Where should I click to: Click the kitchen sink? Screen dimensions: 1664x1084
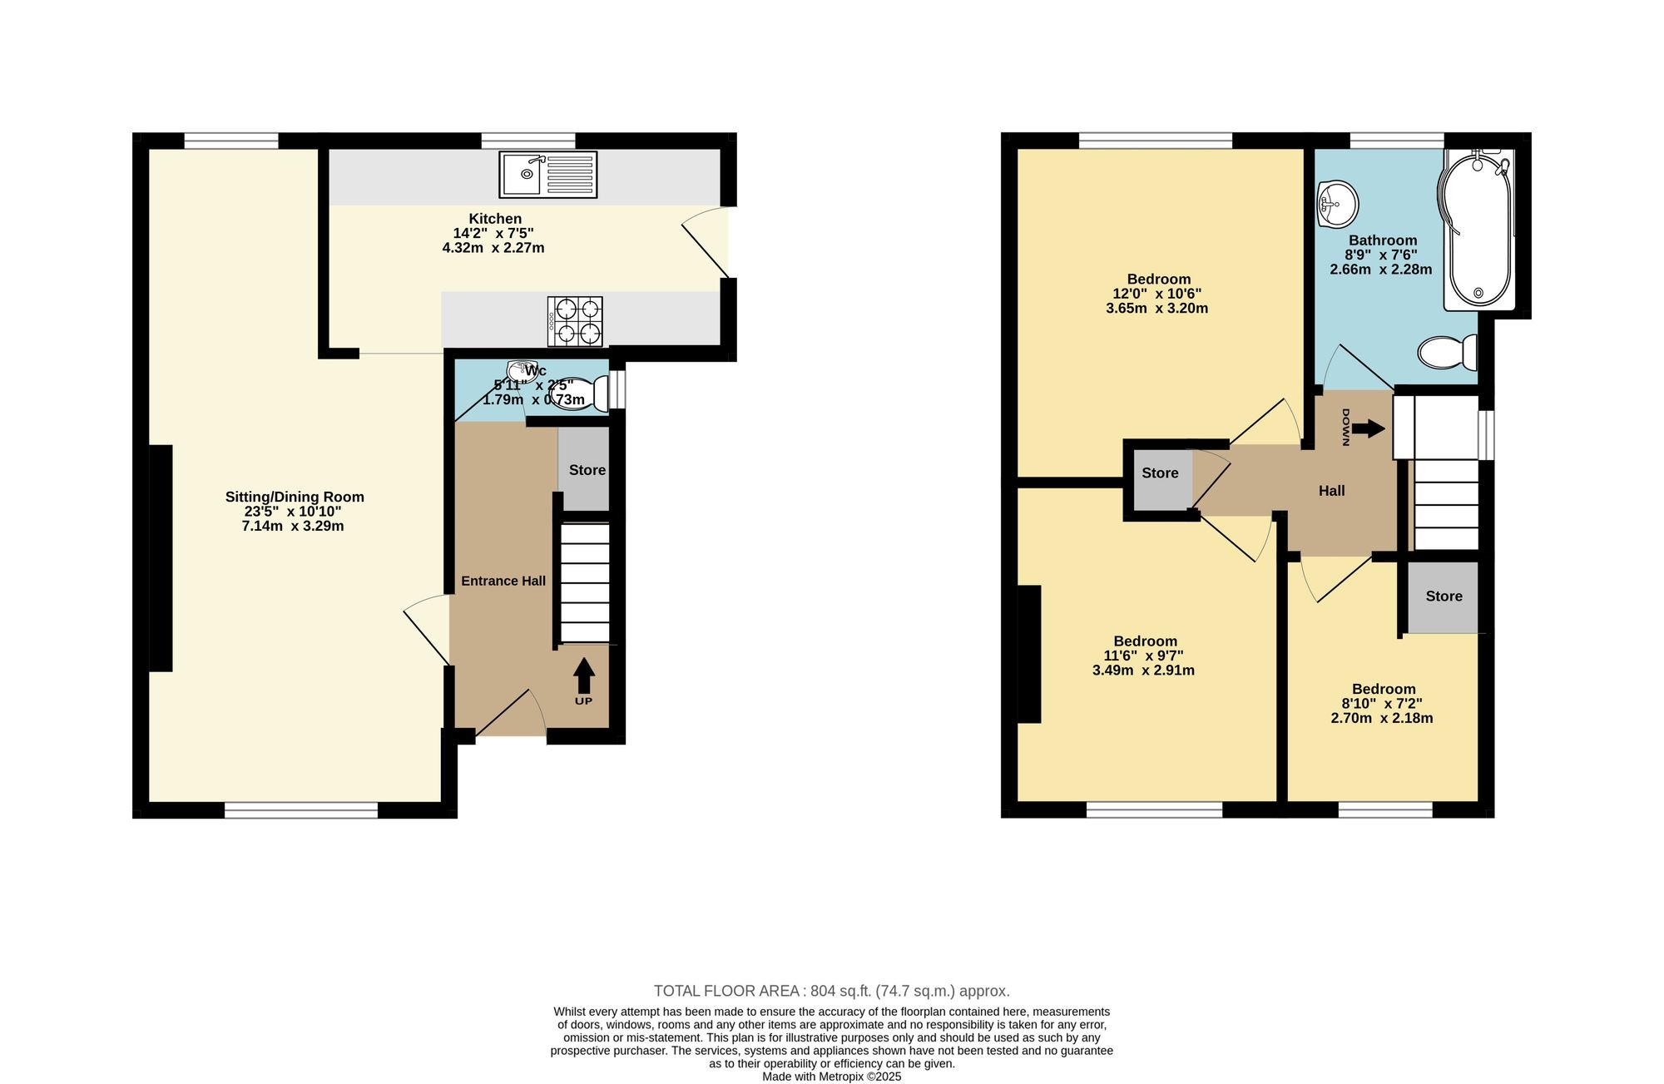(548, 175)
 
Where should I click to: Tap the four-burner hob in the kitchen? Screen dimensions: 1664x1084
(575, 321)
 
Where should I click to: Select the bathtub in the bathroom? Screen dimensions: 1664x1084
(1478, 230)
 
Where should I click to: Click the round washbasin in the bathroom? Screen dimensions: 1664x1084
(1337, 204)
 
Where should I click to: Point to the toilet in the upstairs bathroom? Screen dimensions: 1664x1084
(1448, 353)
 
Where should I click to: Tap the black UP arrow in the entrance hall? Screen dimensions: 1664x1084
(584, 676)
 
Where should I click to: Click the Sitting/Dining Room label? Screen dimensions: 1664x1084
(295, 497)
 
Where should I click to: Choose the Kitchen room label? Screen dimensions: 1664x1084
(495, 219)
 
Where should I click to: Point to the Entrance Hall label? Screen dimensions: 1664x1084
(503, 581)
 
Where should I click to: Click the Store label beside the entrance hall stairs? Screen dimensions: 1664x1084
(587, 470)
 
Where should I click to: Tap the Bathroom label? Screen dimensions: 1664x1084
(1383, 240)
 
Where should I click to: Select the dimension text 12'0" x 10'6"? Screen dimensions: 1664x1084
(1157, 294)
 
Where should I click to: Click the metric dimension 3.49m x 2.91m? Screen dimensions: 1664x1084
(1143, 671)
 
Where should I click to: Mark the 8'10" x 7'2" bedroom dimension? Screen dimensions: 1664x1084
(1382, 704)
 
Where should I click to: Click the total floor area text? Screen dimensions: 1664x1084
(832, 991)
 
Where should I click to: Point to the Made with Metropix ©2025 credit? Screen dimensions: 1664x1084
(832, 1077)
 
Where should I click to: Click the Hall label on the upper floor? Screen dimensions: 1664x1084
(1332, 491)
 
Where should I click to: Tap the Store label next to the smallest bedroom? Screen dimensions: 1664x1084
(1444, 596)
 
